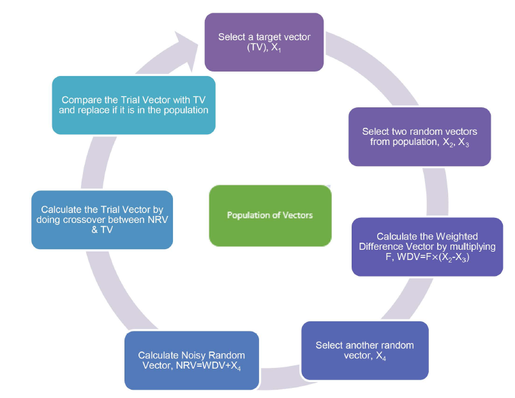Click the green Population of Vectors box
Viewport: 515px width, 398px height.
coord(270,215)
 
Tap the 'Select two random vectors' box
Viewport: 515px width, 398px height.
coord(419,137)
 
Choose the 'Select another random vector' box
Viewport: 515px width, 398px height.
coord(364,351)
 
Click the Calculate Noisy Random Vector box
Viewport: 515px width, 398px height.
coord(191,360)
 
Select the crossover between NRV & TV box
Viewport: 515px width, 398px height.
coord(102,220)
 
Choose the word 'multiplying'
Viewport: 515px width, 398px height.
coord(468,247)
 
